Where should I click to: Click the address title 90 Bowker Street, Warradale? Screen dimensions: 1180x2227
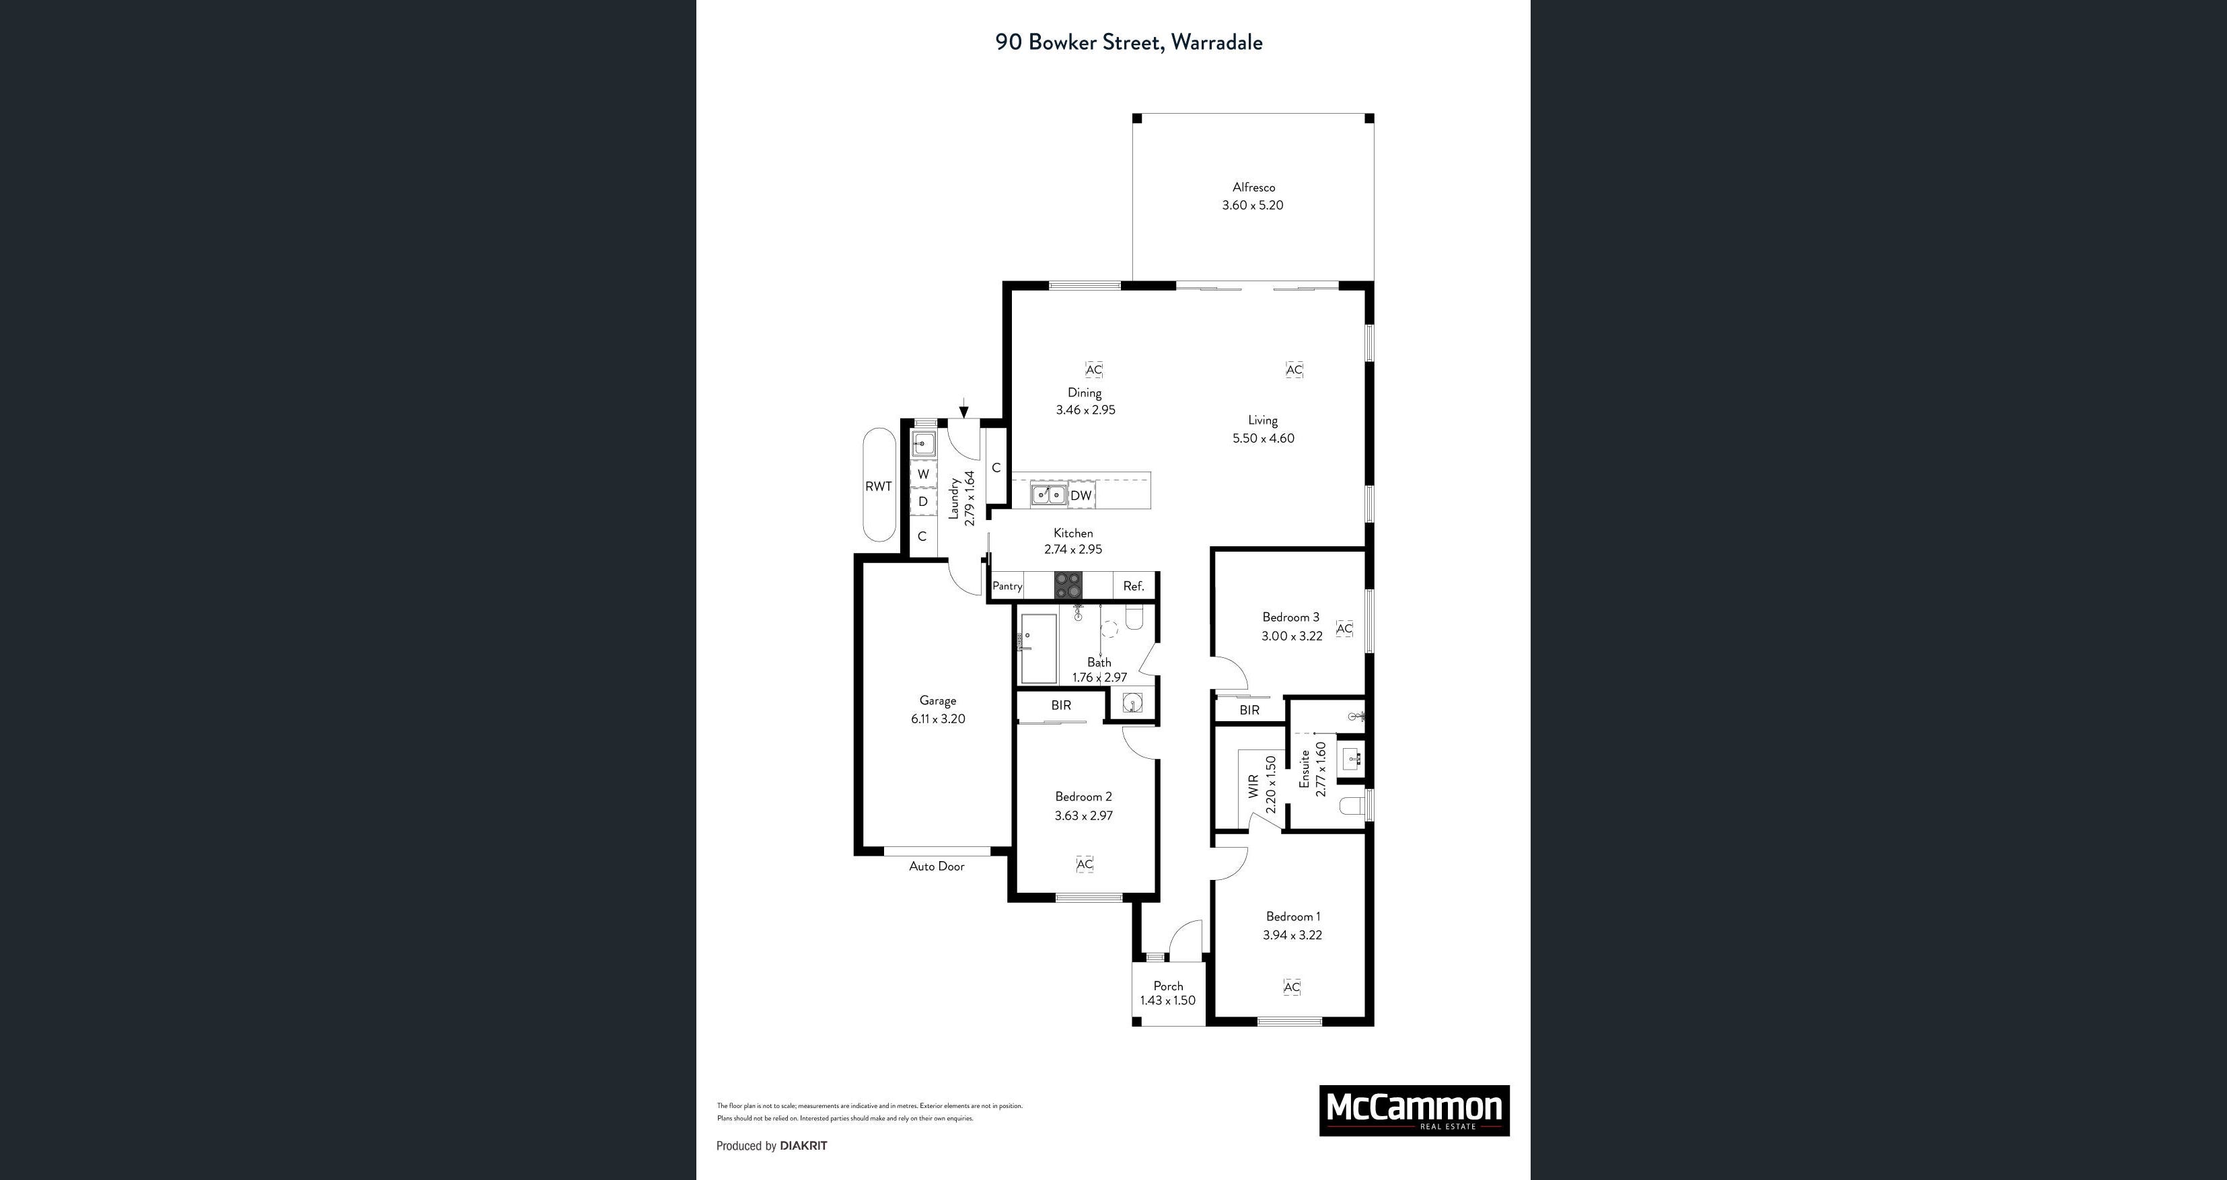(x=1128, y=42)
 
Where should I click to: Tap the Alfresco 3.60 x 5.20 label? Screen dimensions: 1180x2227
(x=1253, y=196)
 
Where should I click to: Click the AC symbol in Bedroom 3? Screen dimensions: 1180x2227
(x=1344, y=628)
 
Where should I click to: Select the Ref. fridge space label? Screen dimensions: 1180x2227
(x=1134, y=586)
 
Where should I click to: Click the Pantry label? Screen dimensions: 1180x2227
(x=1007, y=586)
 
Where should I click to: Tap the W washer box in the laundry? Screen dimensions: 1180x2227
(x=923, y=474)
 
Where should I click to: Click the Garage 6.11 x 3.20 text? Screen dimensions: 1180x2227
(x=938, y=710)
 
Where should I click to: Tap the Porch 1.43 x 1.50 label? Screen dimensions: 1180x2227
(x=1168, y=993)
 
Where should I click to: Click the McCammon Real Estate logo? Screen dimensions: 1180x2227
(x=1414, y=1110)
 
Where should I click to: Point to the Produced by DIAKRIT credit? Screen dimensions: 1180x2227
(x=771, y=1146)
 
